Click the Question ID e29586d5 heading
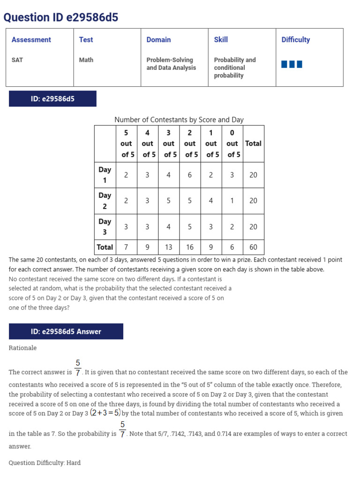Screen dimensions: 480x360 pos(61,18)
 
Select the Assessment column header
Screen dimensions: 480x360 pos(31,40)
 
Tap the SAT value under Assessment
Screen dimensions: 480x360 pos(17,60)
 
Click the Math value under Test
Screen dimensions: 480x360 pos(86,60)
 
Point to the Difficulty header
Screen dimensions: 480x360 pos(296,40)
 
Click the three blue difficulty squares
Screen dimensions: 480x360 pos(292,64)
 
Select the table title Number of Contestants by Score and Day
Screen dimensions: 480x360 pos(179,120)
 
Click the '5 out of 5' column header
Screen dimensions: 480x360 pos(126,143)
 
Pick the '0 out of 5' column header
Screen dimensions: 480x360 pos(232,143)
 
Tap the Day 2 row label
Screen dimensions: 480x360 pos(105,201)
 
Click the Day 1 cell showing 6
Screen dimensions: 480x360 pos(190,175)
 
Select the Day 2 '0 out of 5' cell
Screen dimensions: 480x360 pos(232,201)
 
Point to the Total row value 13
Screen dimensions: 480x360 pos(168,247)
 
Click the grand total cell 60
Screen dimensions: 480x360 pos(253,247)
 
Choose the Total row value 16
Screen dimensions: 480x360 pos(190,247)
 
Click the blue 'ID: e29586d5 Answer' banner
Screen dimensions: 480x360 pos(66,331)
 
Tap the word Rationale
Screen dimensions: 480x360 pos(22,348)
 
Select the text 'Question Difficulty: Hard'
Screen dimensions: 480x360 pos(45,463)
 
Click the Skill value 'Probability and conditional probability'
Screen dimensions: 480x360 pos(235,67)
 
